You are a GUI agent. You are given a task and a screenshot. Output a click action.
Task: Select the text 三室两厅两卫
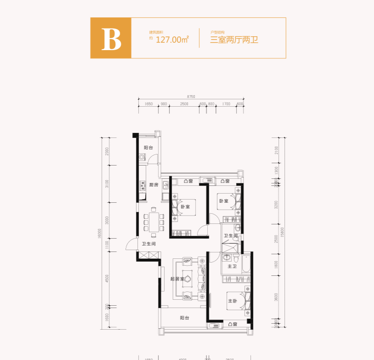(234, 40)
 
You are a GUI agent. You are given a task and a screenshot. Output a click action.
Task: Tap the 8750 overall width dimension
(191, 96)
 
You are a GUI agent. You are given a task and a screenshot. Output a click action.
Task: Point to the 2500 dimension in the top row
(184, 104)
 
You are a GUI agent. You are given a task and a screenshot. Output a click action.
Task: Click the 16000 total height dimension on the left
(100, 234)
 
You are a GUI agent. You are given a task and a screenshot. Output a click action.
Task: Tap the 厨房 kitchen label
(153, 185)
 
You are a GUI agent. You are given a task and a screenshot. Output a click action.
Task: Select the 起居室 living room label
(177, 279)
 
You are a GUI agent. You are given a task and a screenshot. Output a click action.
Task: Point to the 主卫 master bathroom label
(232, 266)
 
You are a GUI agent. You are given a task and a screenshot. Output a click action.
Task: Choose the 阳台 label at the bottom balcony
(185, 318)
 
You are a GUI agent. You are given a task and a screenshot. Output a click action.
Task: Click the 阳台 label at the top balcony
(148, 148)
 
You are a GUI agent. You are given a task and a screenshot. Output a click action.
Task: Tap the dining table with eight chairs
(153, 221)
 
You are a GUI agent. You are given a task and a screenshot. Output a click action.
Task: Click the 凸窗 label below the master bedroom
(232, 325)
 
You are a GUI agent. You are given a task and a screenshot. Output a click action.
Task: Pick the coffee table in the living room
(188, 279)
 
